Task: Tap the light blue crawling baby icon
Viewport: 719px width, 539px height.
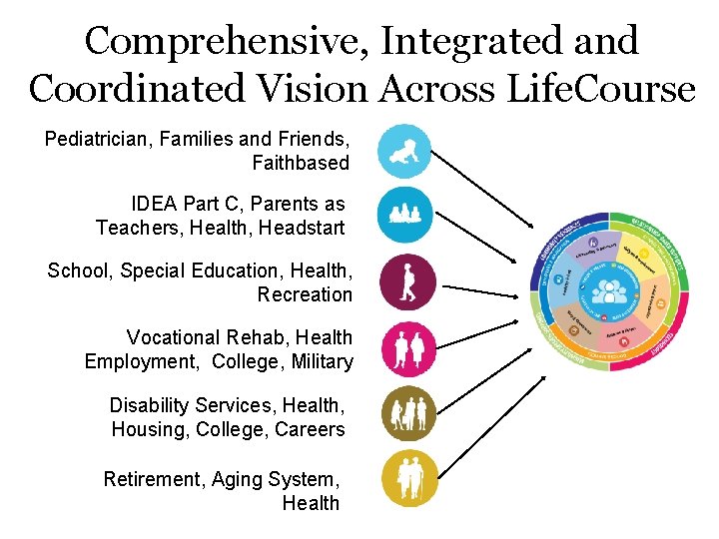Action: click(404, 152)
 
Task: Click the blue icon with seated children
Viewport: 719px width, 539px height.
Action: click(404, 214)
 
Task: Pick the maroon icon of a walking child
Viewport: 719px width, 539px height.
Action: click(408, 282)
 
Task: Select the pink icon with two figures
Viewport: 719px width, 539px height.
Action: click(408, 347)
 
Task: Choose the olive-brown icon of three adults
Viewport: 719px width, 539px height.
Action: click(408, 413)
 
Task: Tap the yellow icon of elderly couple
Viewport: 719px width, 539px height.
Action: click(408, 478)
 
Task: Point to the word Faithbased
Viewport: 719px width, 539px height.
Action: click(301, 163)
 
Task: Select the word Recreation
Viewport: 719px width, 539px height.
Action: click(305, 294)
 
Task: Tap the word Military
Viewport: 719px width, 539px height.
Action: click(323, 361)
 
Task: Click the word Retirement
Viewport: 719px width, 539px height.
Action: click(153, 479)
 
